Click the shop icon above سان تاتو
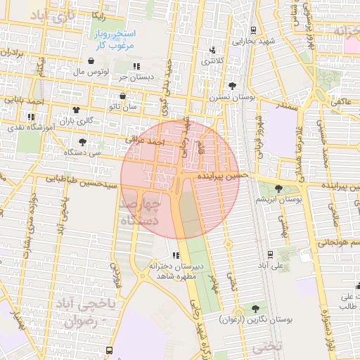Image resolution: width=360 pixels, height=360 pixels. click(122, 96)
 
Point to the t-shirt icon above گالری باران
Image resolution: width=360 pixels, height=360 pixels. click(76, 110)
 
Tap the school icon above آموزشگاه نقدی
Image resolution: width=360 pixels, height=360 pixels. click(30, 117)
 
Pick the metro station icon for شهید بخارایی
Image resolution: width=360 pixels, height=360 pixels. click(252, 30)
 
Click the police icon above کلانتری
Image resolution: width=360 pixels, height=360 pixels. click(213, 50)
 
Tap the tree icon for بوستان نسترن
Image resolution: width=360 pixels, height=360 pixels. click(233, 85)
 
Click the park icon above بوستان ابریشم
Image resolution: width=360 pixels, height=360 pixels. click(279, 188)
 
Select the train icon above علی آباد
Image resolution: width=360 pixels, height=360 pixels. click(271, 255)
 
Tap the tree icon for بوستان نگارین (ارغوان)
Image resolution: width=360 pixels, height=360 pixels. click(255, 309)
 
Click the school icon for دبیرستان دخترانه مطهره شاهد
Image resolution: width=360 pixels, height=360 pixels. click(175, 255)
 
